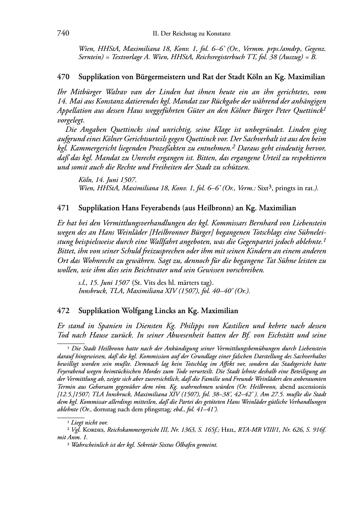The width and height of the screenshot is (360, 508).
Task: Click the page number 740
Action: click(x=63, y=33)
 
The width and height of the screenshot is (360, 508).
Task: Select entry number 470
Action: click(x=63, y=77)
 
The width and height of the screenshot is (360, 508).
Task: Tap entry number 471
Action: click(x=63, y=208)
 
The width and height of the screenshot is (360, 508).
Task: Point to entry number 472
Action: click(x=63, y=310)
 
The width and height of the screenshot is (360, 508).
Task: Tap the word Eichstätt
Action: click(x=281, y=335)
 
